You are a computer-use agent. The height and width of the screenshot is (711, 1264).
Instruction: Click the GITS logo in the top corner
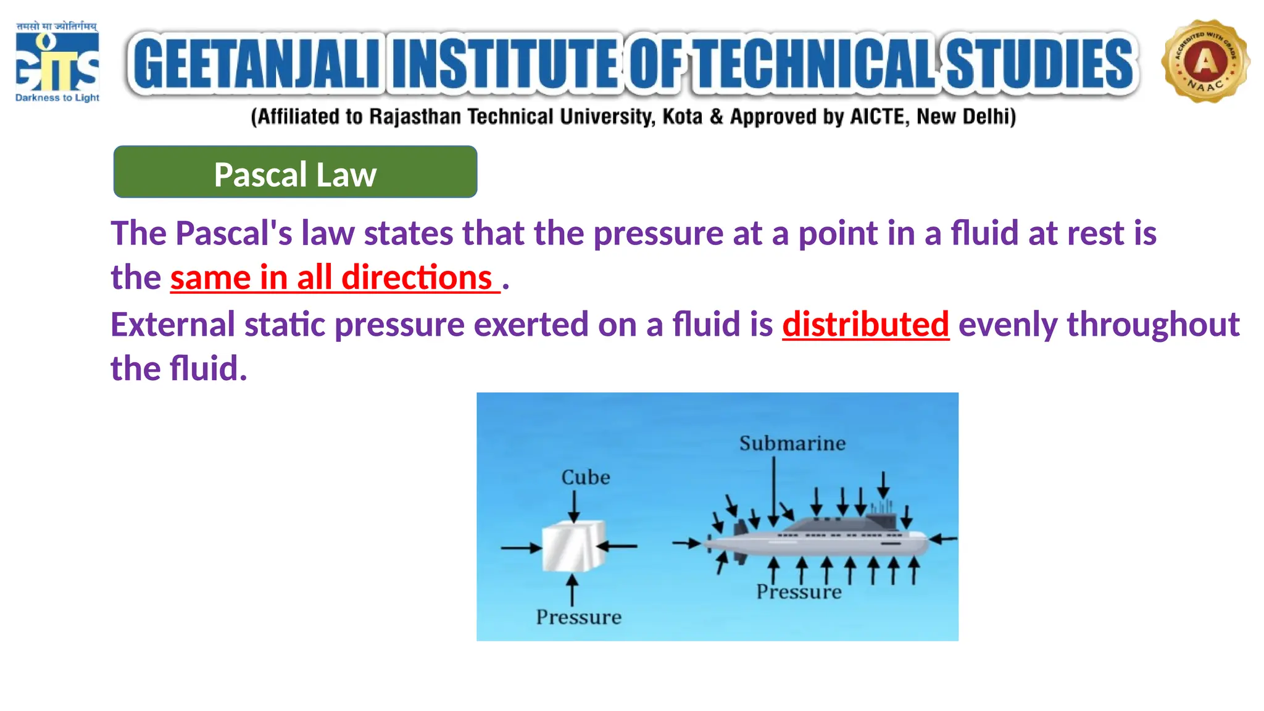click(57, 62)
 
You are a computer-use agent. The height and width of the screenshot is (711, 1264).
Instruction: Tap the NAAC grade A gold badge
click(1205, 62)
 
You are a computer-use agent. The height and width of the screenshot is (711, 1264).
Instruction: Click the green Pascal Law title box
click(295, 172)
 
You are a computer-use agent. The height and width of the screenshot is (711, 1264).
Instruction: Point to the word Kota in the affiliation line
click(682, 117)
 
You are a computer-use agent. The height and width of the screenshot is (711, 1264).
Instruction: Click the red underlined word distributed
click(865, 325)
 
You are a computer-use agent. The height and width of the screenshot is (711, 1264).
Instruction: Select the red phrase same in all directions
click(333, 278)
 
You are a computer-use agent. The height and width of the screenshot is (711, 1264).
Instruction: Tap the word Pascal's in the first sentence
click(233, 234)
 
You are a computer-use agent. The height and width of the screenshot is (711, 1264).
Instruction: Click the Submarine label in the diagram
click(792, 443)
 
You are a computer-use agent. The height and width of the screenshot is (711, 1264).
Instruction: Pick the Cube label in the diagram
click(585, 477)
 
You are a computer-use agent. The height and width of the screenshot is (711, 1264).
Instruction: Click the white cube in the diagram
click(573, 546)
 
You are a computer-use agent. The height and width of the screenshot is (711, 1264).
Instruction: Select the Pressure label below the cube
click(578, 617)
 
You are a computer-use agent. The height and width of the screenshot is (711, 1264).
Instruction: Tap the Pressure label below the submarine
click(799, 592)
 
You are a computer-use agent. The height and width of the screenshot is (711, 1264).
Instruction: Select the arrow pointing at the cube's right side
click(617, 546)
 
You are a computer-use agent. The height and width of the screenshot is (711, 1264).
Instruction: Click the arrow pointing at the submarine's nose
click(942, 539)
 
